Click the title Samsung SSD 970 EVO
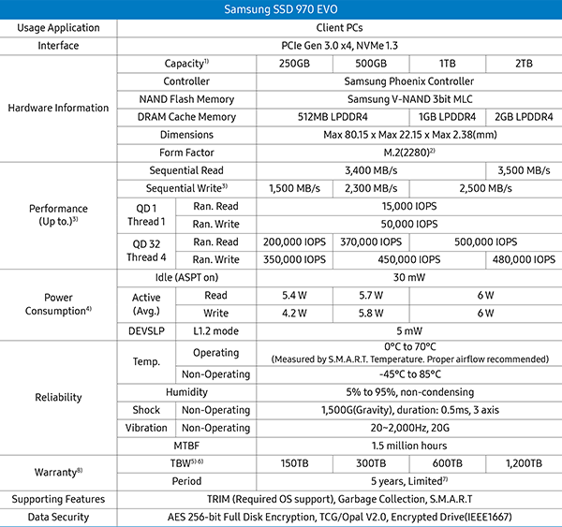(x=281, y=8)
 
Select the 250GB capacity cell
(x=292, y=64)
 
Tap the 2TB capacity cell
(x=524, y=64)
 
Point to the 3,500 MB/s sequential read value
(x=524, y=170)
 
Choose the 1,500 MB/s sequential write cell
(x=292, y=188)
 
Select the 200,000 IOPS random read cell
(x=292, y=242)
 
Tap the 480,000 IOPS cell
(x=524, y=259)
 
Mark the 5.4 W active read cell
(x=292, y=295)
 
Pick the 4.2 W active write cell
(x=292, y=313)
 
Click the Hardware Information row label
(x=58, y=108)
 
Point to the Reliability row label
(x=58, y=398)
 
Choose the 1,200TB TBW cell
(x=524, y=463)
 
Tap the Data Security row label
(x=58, y=517)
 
